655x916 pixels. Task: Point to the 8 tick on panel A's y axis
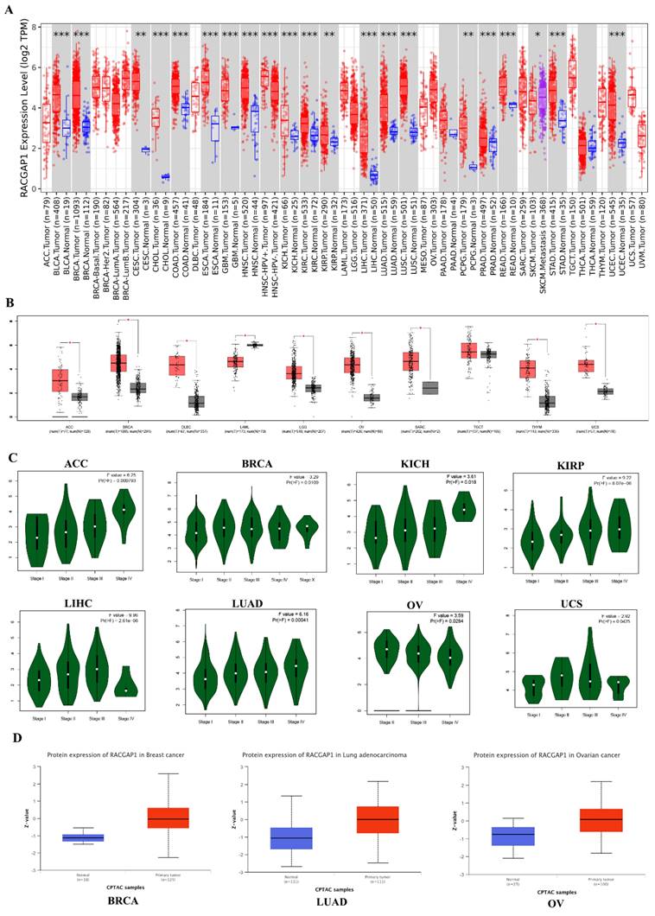click(33, 28)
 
